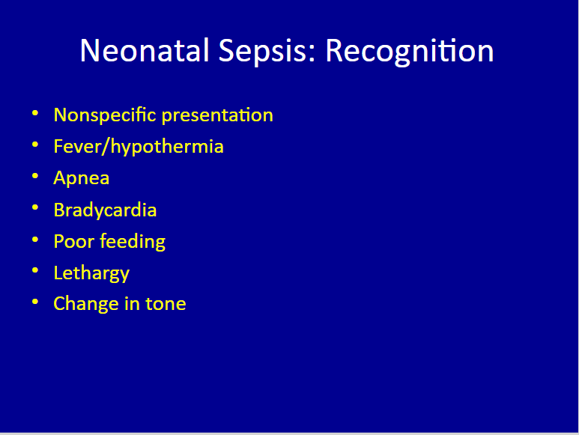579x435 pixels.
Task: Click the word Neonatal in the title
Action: point(145,51)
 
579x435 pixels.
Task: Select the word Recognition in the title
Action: point(410,52)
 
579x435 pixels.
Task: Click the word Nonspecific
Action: point(105,115)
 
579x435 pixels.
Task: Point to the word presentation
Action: point(217,116)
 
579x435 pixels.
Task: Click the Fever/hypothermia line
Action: point(139,147)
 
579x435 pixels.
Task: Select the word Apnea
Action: point(82,179)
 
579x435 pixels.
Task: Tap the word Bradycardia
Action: point(106,210)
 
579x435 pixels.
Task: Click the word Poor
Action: point(74,241)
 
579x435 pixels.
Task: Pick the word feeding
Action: point(133,242)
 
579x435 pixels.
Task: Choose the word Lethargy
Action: point(91,273)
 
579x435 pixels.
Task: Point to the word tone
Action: point(166,304)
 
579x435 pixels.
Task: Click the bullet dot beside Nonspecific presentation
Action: point(35,113)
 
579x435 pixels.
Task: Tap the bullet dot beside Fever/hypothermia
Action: point(35,145)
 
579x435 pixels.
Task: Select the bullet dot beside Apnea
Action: point(35,176)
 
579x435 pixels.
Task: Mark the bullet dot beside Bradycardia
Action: point(35,207)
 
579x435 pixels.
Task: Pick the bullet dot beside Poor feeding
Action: point(35,240)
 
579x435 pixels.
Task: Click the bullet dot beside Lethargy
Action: point(35,270)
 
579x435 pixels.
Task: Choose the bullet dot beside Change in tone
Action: point(35,302)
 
